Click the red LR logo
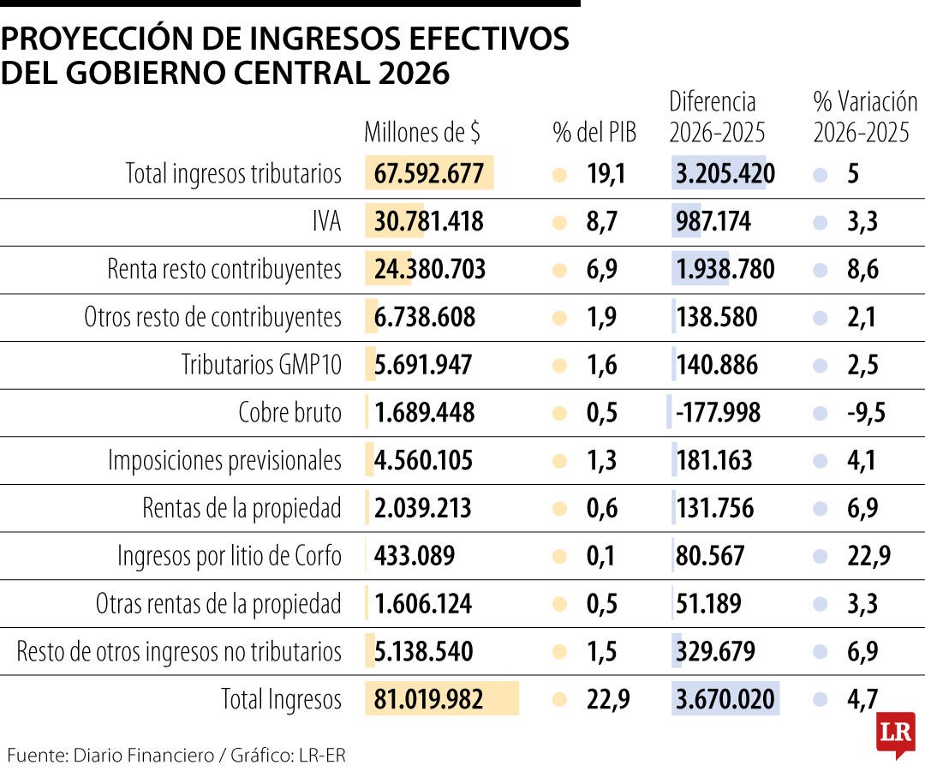[895, 734]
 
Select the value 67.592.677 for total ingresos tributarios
[429, 175]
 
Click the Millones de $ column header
[422, 133]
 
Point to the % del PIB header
[594, 133]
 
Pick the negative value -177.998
[718, 413]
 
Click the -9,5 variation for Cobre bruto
[865, 413]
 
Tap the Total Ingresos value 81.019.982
[429, 700]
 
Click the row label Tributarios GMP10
[261, 366]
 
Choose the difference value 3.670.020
[725, 700]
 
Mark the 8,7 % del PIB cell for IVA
[602, 223]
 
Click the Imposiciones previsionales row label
[224, 461]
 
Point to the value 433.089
[415, 556]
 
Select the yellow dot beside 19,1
[560, 175]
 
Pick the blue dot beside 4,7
[821, 700]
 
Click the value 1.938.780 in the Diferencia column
[725, 271]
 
